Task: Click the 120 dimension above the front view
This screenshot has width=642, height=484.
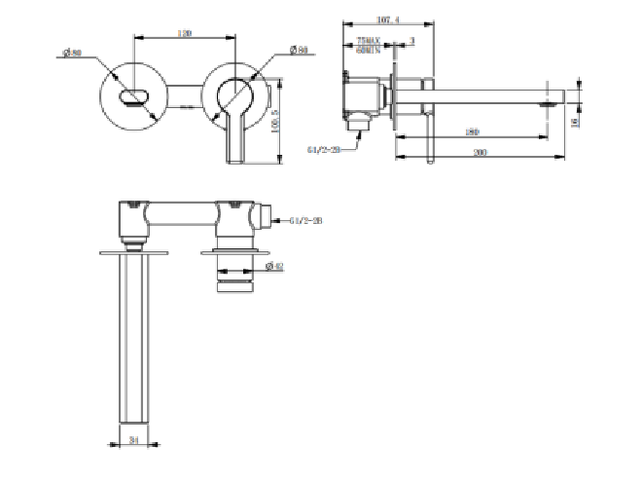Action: (184, 33)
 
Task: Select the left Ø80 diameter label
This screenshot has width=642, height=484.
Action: (71, 54)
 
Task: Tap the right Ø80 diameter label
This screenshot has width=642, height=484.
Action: (299, 49)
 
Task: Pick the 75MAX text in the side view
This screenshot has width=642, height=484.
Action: (368, 41)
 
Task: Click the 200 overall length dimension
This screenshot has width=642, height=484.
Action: (481, 152)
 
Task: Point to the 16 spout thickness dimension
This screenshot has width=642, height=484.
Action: (577, 120)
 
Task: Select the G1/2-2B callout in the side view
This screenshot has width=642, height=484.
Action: (323, 149)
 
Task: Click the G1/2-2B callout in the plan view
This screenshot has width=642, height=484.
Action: (305, 222)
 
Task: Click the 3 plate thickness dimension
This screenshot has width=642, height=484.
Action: (412, 41)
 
